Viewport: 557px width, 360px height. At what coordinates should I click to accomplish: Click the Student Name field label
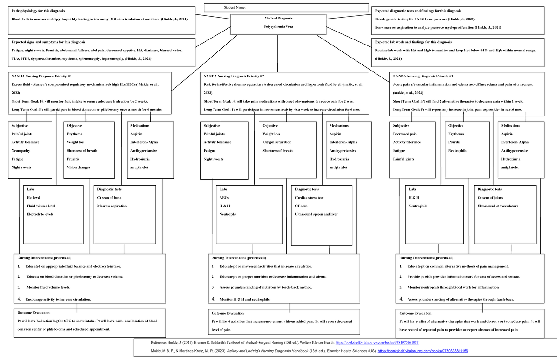point(234,8)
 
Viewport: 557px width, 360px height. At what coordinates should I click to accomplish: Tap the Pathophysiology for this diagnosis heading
point(38,10)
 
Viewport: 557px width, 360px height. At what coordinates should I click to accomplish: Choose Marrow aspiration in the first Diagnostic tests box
point(111,206)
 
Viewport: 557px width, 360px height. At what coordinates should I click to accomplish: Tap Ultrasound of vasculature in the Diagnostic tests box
point(498,206)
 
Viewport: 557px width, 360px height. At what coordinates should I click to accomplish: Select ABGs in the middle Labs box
point(224,198)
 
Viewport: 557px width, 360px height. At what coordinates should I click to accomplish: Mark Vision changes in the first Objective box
point(78,167)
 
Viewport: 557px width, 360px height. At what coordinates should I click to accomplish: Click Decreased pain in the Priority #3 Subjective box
point(405,134)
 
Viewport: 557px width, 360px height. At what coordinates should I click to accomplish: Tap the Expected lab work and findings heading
point(409,42)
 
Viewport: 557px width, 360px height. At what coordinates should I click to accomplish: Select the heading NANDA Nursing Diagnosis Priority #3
point(423,76)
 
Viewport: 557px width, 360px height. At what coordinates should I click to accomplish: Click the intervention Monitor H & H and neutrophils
point(245,300)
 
